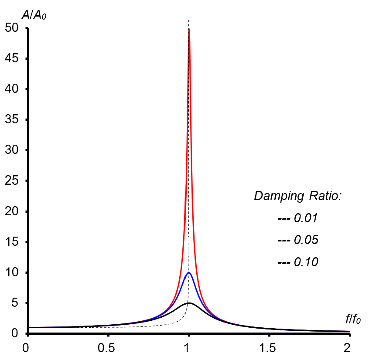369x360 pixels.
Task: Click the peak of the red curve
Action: pos(189,29)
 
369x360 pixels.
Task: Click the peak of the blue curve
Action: pos(189,272)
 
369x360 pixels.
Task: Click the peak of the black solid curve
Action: pos(188,303)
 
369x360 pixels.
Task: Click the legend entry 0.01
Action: pos(306,218)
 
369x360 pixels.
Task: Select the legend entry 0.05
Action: pos(306,240)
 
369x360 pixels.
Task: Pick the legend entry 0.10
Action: pos(306,262)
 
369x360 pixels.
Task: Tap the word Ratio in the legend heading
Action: pos(323,196)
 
